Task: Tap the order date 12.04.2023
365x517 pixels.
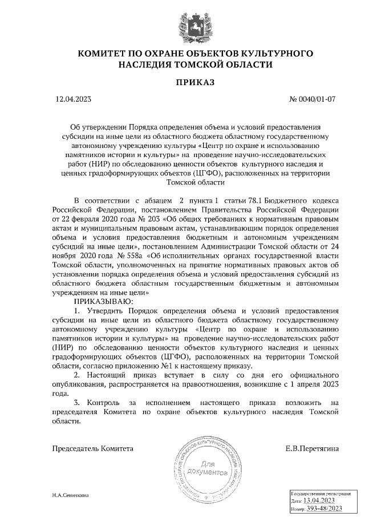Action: pos(73,99)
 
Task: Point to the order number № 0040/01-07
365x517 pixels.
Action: pos(313,99)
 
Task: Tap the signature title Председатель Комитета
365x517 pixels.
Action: pos(93,448)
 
